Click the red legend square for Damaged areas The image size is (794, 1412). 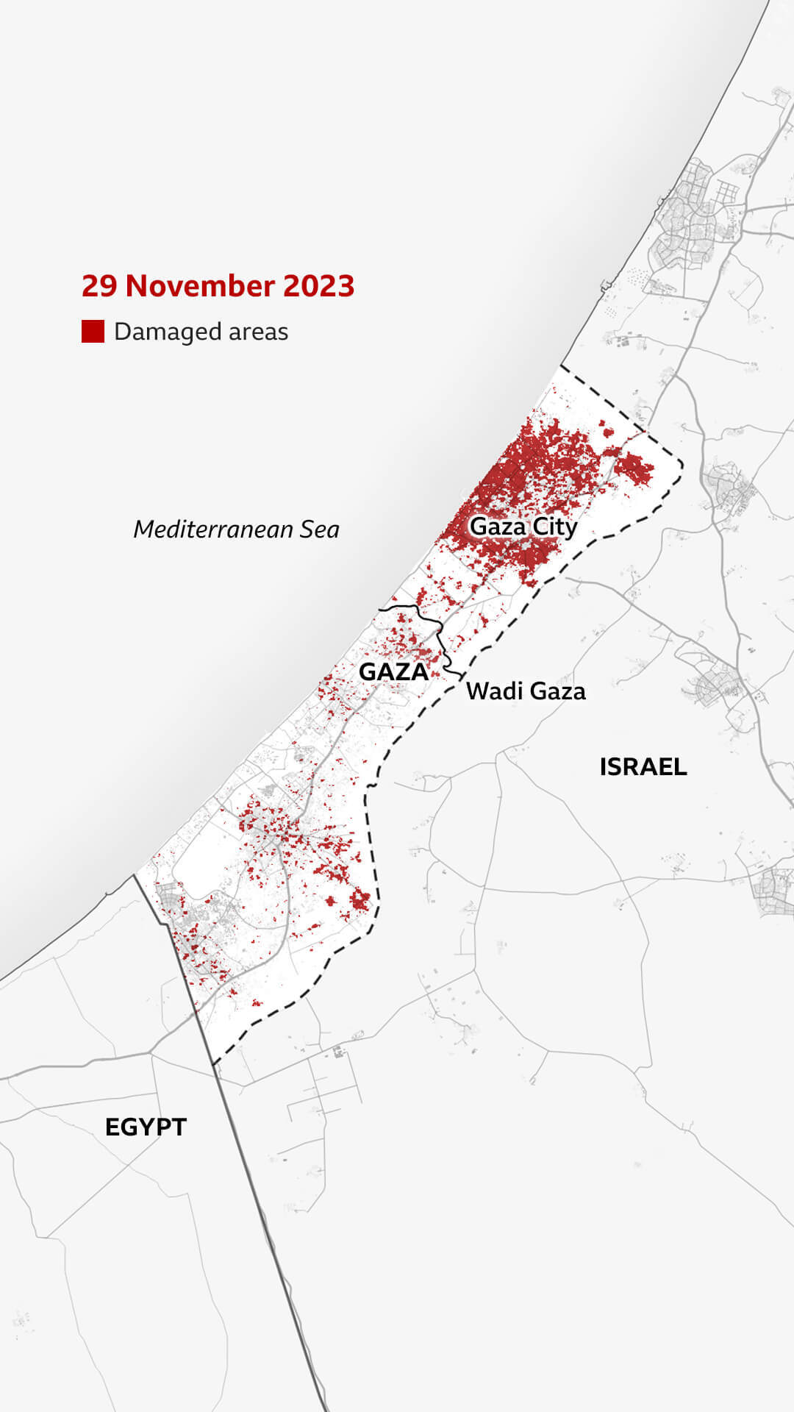(x=93, y=331)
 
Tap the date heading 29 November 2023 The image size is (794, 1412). (x=218, y=286)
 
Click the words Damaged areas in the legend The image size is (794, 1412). (x=201, y=332)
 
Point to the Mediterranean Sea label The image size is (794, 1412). (x=236, y=529)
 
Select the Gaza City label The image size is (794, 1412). (x=523, y=527)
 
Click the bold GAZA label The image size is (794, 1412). (x=393, y=671)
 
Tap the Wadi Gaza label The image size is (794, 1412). (x=526, y=691)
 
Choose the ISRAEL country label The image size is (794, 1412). (x=643, y=767)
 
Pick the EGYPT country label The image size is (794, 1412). (x=146, y=1127)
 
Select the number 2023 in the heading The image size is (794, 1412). (x=318, y=286)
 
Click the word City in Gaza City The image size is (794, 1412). (x=555, y=527)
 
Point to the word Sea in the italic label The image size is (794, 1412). (x=318, y=529)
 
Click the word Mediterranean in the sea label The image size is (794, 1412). (x=212, y=529)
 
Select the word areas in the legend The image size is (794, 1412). (x=258, y=332)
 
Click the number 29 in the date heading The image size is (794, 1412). (x=99, y=286)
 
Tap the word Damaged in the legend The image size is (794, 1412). (x=167, y=332)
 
